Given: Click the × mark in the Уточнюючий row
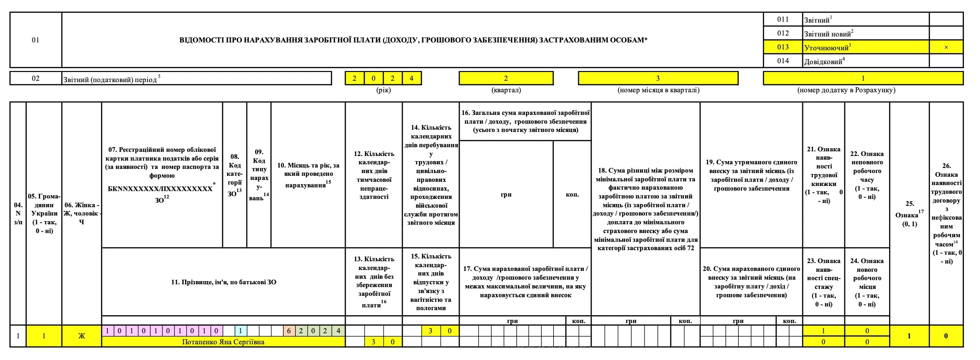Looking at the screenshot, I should [946, 47].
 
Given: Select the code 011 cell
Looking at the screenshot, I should [783, 19].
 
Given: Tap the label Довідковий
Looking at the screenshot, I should [823, 61].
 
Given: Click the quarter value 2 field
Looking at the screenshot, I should [506, 78].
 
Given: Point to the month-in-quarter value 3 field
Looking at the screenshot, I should [658, 78].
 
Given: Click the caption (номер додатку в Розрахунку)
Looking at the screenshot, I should [846, 90].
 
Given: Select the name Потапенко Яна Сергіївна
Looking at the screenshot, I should [223, 342].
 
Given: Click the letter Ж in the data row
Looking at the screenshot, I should [81, 336].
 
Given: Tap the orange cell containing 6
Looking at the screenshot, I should [289, 330].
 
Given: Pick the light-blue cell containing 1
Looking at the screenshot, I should [240, 330].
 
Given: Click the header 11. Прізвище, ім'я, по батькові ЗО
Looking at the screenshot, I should [223, 282].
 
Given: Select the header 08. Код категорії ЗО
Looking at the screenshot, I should [234, 175].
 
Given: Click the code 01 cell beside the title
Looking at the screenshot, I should [36, 40].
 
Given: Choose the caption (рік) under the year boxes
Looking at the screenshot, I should [383, 90].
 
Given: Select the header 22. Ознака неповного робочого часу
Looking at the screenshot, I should [866, 175].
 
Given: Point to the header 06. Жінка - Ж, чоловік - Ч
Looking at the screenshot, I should [81, 213].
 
